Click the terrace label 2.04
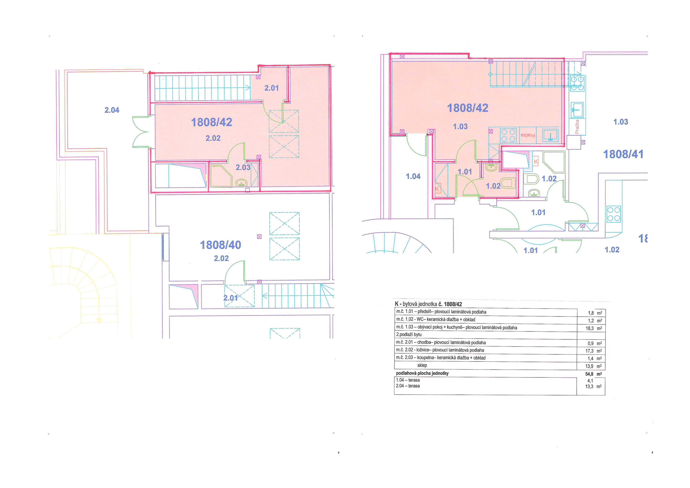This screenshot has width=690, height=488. [112, 110]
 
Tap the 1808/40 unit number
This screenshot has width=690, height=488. [221, 245]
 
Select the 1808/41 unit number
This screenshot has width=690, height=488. [623, 154]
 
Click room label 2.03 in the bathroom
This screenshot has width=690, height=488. [243, 167]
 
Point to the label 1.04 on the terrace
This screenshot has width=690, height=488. [413, 177]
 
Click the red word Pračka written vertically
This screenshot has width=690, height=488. [577, 126]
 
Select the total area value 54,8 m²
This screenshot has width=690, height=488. [593, 374]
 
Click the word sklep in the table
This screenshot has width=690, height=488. [422, 365]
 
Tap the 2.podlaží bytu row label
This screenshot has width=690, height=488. [409, 334]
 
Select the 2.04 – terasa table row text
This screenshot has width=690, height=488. [408, 386]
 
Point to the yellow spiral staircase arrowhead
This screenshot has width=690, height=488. [99, 321]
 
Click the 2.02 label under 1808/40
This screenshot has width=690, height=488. [221, 258]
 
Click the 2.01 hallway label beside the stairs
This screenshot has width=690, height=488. [271, 88]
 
